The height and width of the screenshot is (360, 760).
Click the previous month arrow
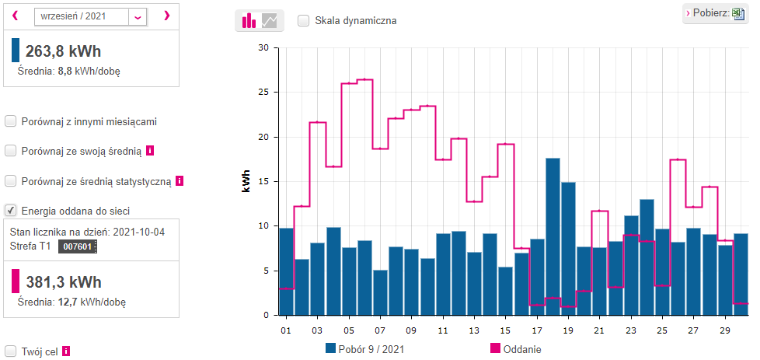point(15,16)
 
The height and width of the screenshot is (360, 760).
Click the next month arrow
point(167,16)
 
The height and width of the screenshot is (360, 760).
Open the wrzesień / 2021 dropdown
point(138,16)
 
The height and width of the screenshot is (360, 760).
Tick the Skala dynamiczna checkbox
point(304,21)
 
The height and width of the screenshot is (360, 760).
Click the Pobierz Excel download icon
point(738,13)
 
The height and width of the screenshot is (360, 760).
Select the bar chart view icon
point(249,20)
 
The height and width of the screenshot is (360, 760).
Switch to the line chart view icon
point(270,20)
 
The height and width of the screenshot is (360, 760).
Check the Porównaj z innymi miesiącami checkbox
point(10,122)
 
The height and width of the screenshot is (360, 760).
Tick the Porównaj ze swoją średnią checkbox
point(10,152)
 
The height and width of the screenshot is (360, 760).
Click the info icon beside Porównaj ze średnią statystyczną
point(180,181)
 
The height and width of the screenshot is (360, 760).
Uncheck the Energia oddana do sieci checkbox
point(10,211)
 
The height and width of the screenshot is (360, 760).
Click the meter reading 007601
point(78,246)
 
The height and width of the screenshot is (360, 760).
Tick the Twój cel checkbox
point(10,351)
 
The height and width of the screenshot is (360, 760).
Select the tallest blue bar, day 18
point(553,236)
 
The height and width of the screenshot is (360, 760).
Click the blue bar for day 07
point(381,292)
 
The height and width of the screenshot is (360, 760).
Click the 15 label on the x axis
point(505,331)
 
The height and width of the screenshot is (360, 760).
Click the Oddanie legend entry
point(516,349)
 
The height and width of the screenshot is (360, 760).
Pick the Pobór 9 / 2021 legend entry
point(365,349)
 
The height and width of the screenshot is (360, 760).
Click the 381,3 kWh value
point(63,282)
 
